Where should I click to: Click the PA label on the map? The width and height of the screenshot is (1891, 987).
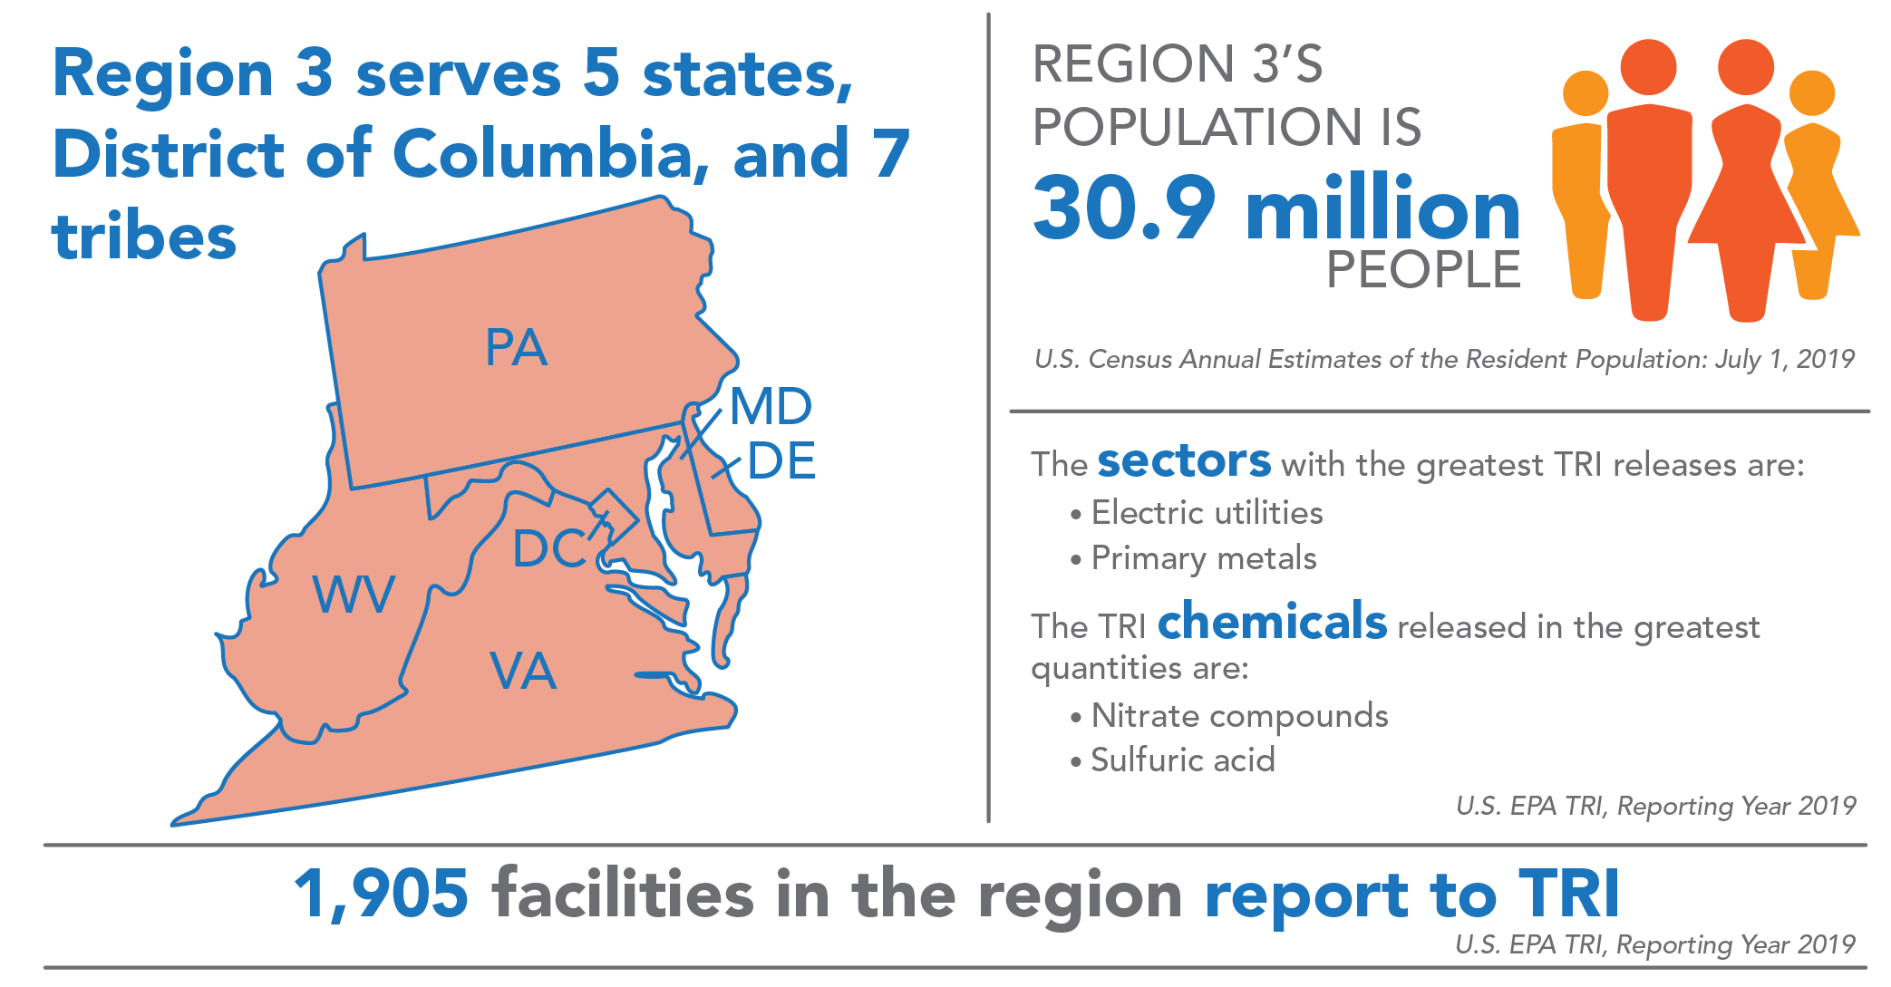[516, 348]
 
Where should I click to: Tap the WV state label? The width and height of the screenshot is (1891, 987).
[354, 595]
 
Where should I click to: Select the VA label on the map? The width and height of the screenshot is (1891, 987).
[523, 673]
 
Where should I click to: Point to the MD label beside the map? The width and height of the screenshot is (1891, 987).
[771, 406]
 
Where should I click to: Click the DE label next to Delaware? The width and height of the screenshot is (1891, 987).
[781, 461]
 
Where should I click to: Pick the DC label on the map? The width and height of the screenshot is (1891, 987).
[549, 549]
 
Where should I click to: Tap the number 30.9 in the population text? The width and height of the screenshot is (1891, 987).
[1124, 209]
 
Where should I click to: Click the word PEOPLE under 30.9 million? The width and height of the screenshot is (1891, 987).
[1423, 270]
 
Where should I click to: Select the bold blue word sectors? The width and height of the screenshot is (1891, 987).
[1184, 461]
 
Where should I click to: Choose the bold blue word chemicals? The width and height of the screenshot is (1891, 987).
[1272, 623]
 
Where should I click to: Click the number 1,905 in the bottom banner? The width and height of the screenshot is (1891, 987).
[382, 895]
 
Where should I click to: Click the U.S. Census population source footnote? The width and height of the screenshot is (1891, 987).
[1444, 360]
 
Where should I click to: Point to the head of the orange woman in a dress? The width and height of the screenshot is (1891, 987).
[1745, 68]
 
